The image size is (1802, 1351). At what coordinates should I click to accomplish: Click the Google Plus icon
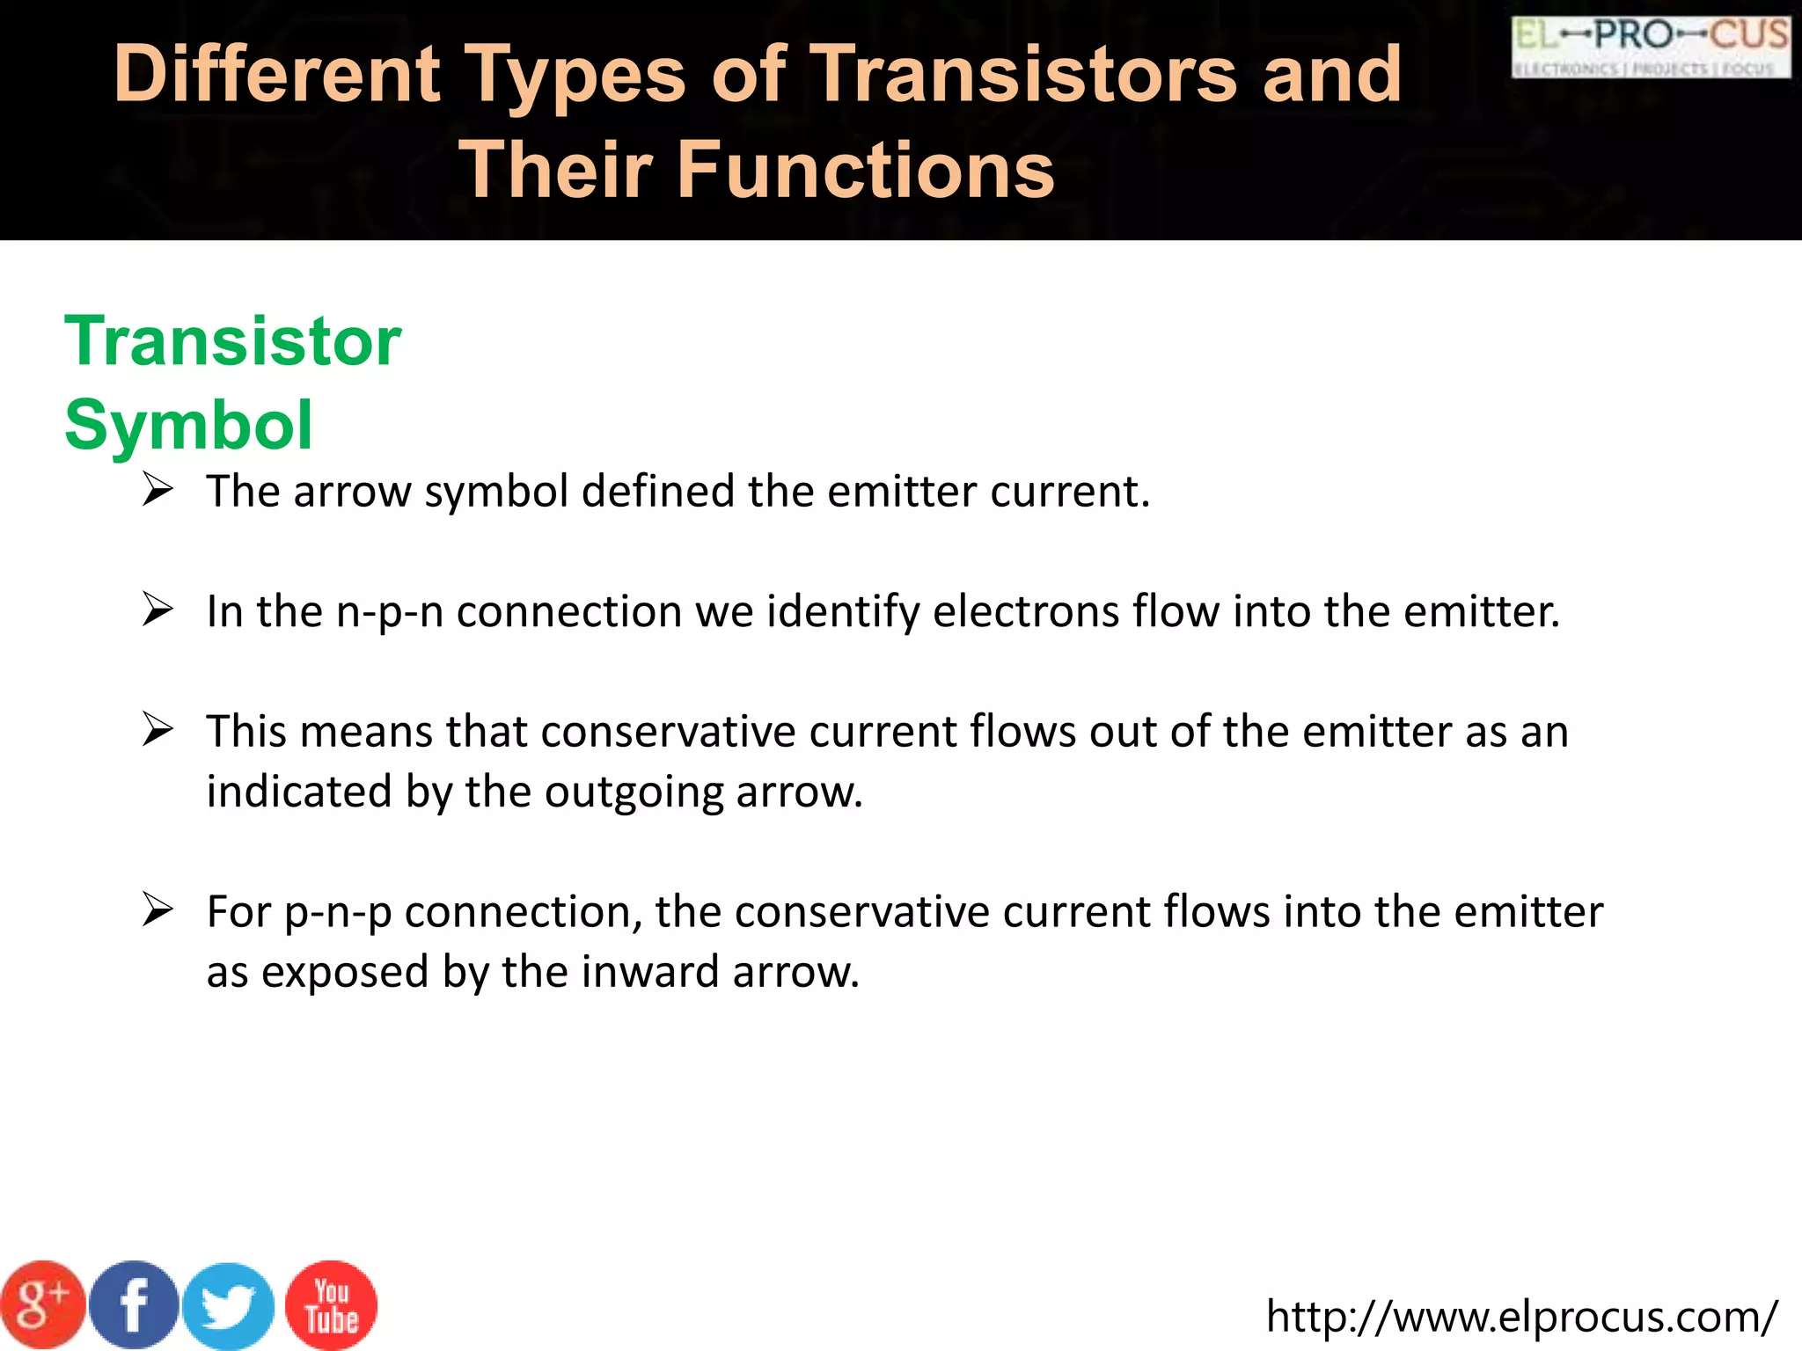(x=41, y=1304)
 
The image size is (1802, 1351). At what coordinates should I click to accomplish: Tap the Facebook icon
(x=134, y=1304)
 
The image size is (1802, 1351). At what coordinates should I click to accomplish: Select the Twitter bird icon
(x=228, y=1306)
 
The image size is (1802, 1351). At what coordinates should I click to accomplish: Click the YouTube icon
(x=332, y=1306)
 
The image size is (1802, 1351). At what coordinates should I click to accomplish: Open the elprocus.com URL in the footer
(x=1521, y=1317)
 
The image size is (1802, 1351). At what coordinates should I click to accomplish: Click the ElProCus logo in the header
(x=1651, y=47)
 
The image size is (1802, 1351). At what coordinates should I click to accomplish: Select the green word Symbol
(x=188, y=425)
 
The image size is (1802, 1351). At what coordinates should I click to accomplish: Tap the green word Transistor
(x=232, y=341)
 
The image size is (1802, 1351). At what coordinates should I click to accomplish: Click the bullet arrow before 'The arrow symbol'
(x=157, y=489)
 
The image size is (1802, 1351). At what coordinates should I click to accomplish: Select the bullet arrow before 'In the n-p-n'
(x=157, y=610)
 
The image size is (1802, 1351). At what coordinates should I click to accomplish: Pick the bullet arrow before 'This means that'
(x=157, y=729)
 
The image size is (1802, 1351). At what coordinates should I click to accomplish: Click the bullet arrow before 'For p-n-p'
(x=157, y=909)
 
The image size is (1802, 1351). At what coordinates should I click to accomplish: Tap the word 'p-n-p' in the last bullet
(x=338, y=913)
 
